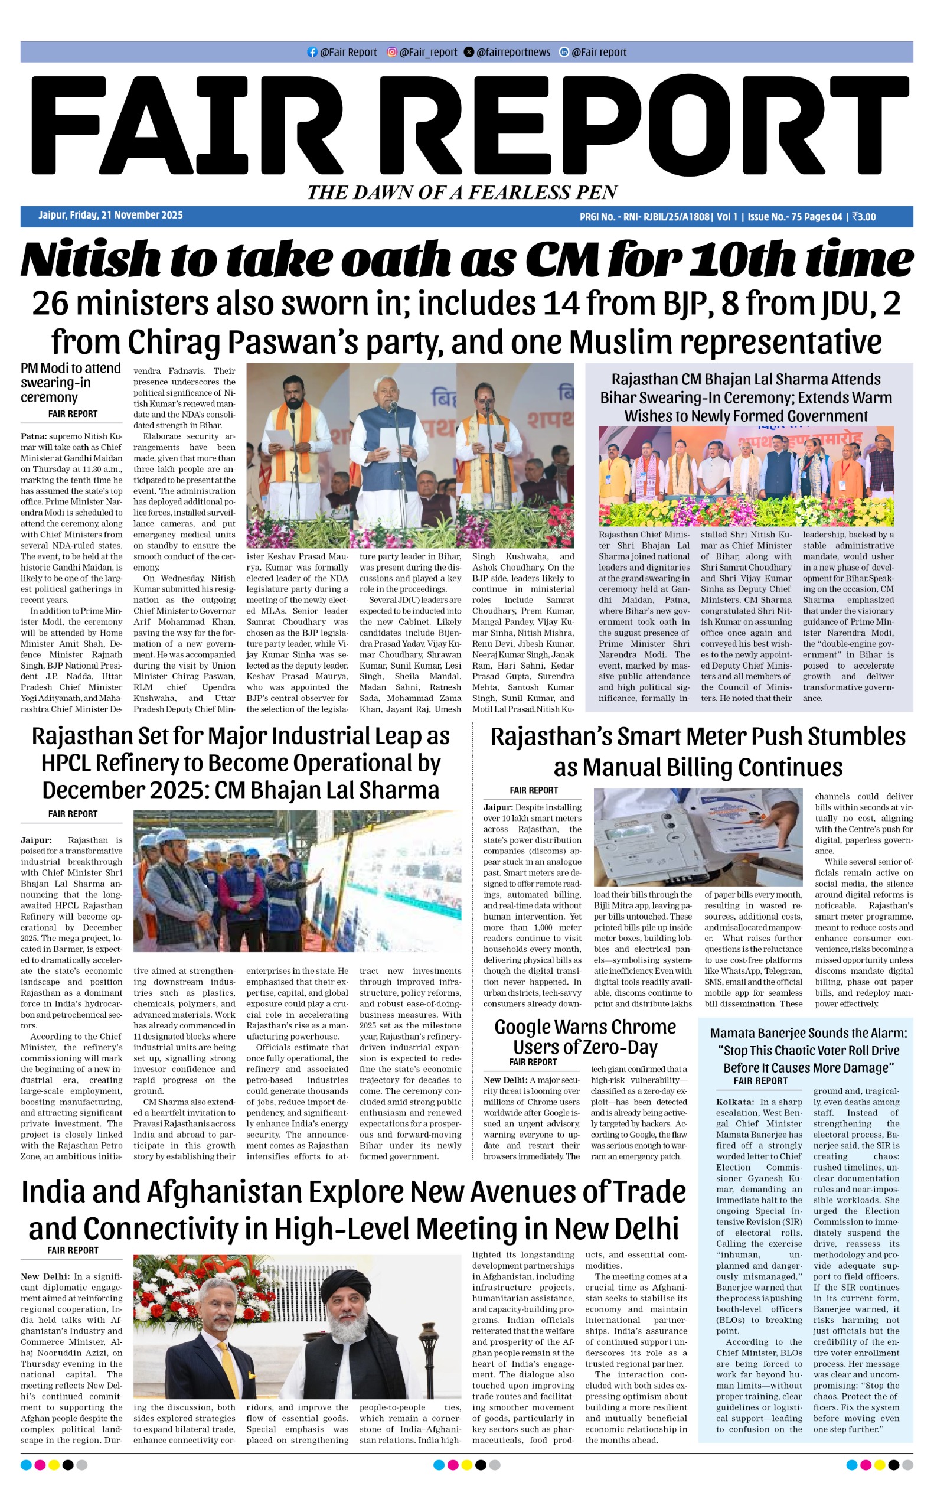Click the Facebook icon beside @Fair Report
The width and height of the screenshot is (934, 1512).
[x=312, y=53]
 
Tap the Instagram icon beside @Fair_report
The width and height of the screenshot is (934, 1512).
[x=391, y=53]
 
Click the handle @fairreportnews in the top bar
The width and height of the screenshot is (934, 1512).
[x=512, y=53]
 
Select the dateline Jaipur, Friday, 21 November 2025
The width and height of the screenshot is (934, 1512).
[x=110, y=216]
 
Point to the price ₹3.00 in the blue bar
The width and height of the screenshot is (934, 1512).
[x=864, y=217]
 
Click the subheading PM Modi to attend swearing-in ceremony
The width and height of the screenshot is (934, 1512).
[x=70, y=383]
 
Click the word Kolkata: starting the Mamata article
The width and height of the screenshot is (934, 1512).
[x=734, y=1102]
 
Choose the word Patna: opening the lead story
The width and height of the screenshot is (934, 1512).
[x=33, y=436]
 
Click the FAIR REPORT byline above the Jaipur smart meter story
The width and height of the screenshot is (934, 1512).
[x=533, y=790]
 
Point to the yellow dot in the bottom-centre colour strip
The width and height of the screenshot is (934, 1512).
[x=466, y=1464]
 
